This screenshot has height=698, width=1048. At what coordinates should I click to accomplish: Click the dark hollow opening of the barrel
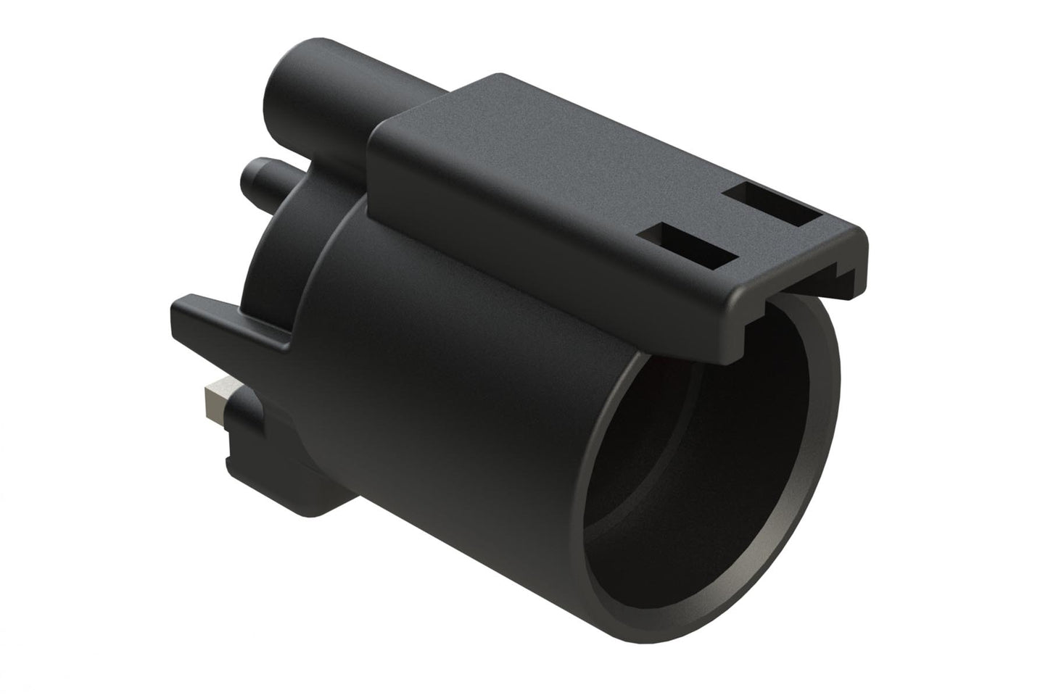tap(696, 464)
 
